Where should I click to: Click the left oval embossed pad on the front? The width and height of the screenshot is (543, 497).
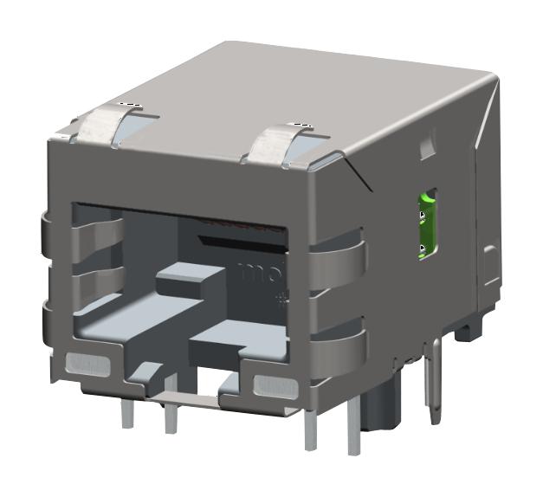tap(88, 365)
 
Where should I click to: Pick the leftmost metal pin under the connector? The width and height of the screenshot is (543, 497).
tap(128, 413)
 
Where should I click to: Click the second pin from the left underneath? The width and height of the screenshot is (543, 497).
tap(171, 417)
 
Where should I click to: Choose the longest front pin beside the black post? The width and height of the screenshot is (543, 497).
tap(353, 424)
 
